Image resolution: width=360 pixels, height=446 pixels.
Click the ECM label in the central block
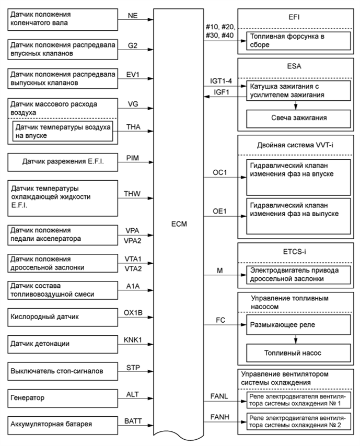pyautogui.click(x=179, y=224)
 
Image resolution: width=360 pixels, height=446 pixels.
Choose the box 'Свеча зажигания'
pyautogui.click(x=296, y=119)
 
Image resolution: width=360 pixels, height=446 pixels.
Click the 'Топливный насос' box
pyautogui.click(x=296, y=353)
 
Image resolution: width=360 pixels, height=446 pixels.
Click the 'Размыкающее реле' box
pyautogui.click(x=296, y=324)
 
